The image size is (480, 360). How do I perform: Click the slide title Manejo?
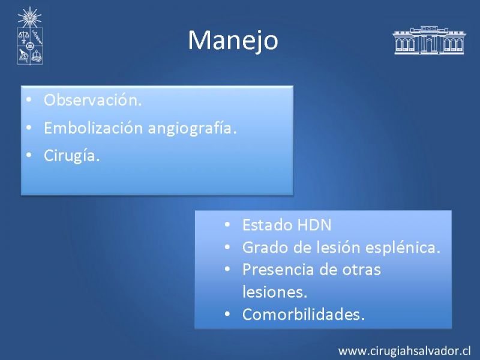pos(233,41)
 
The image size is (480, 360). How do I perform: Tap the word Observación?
pos(93,100)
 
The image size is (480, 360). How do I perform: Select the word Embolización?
pos(94,128)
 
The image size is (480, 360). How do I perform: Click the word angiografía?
pos(192,128)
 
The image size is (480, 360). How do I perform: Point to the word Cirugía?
pos(71,155)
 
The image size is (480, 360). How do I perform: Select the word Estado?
pos(267,225)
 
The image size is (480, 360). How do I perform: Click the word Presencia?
pos(278,269)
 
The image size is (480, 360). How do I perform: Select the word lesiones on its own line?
pos(275,292)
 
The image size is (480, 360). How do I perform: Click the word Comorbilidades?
pos(304,314)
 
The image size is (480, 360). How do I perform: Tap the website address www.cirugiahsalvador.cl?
pos(404,351)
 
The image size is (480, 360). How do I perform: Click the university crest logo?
pos(29,36)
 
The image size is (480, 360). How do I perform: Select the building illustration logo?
pos(428,40)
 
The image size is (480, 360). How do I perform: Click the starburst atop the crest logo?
pos(29,17)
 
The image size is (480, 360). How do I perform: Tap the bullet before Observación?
pos(29,100)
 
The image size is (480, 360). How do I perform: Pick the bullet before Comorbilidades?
pos(227,314)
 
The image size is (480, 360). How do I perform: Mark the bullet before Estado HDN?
pos(227,224)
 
